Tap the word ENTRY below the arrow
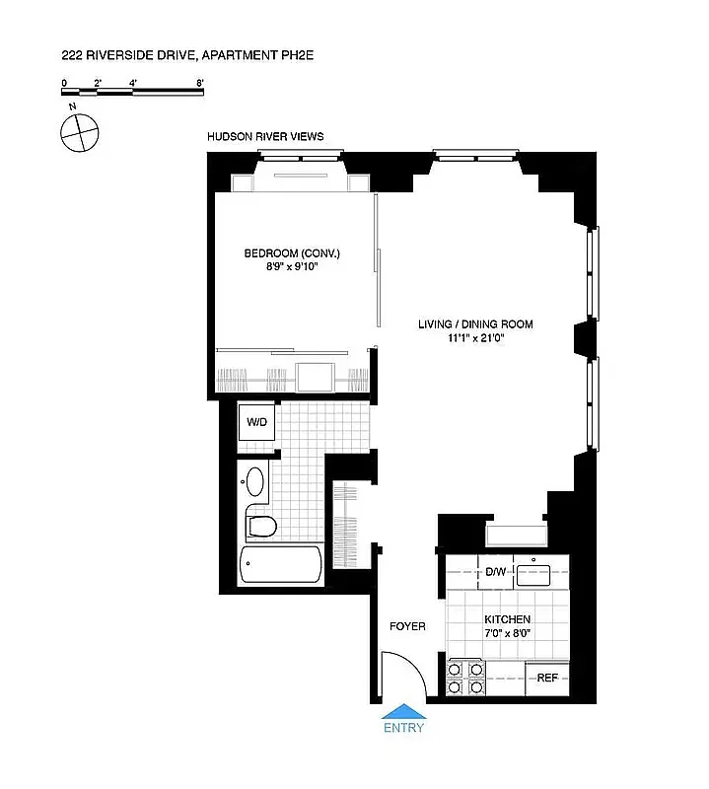tap(404, 729)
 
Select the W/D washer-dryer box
tap(256, 422)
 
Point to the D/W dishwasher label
tap(495, 572)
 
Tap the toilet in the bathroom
tap(259, 523)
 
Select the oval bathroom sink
tap(253, 482)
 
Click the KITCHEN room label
tap(508, 619)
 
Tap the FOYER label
tap(407, 626)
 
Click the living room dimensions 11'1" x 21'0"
tap(475, 337)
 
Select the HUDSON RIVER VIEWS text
tap(265, 137)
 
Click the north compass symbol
tap(79, 131)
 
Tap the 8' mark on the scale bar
tap(200, 84)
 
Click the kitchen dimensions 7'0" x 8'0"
tap(508, 633)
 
